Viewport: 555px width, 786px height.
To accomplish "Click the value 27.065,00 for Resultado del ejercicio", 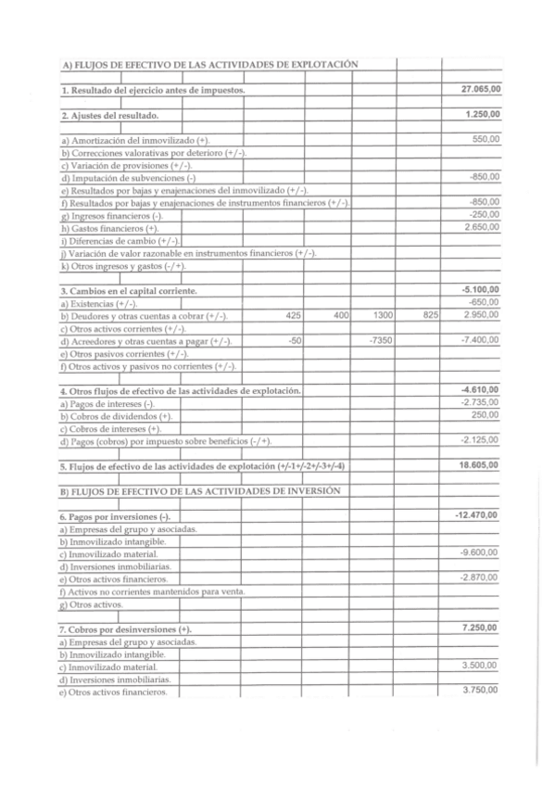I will pyautogui.click(x=480, y=89).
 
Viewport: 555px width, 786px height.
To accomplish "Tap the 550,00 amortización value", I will pyautogui.click(x=486, y=139).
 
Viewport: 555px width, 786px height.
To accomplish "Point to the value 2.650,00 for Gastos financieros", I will pyautogui.click(x=482, y=227).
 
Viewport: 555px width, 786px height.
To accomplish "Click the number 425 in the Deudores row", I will pyautogui.click(x=294, y=316).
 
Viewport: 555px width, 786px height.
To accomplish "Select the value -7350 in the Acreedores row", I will pyautogui.click(x=381, y=341).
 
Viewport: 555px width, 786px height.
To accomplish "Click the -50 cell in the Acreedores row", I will pyautogui.click(x=295, y=341).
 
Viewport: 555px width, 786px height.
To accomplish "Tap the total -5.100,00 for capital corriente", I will pyautogui.click(x=480, y=290).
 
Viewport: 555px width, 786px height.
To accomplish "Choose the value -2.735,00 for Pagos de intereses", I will pyautogui.click(x=481, y=402).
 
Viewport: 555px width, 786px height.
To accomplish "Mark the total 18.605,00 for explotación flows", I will pyautogui.click(x=480, y=465).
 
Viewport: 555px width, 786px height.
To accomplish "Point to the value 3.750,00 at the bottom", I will pyautogui.click(x=482, y=691).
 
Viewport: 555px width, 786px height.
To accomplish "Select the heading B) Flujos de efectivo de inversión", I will pyautogui.click(x=201, y=490).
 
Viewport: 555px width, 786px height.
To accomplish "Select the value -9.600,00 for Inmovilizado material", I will pyautogui.click(x=481, y=552).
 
